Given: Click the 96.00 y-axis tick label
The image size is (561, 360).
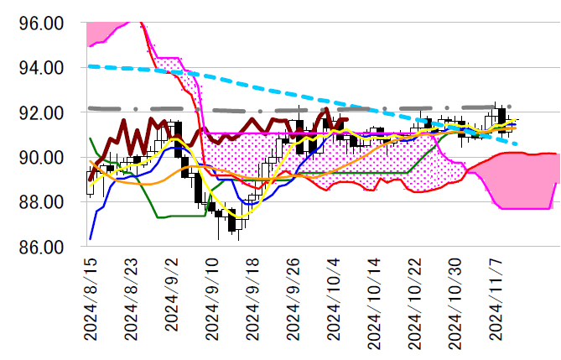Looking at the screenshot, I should tap(41, 23).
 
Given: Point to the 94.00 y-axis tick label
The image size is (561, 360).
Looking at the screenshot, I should tap(41, 67).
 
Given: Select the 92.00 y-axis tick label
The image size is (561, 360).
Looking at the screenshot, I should tap(41, 112).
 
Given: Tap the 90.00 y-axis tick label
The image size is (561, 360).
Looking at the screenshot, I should tap(41, 158).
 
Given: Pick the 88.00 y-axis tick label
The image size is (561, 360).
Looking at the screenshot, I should tap(41, 202).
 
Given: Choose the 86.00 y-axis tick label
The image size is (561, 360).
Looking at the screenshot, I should tap(41, 248).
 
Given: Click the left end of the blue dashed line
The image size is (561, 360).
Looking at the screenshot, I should tap(89, 65).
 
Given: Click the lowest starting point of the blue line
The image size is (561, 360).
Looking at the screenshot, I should tap(90, 239).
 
